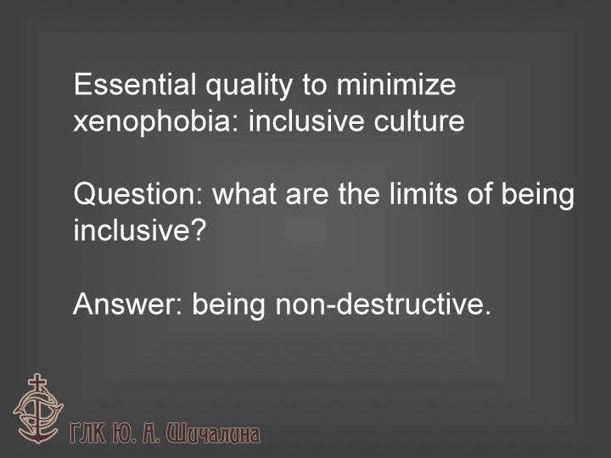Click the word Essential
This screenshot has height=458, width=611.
(x=135, y=84)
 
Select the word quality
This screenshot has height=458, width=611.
(x=249, y=86)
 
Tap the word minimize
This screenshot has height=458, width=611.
(x=396, y=84)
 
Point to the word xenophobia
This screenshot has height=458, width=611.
(x=152, y=120)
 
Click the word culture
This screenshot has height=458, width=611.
(x=419, y=120)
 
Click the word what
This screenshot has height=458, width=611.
(x=244, y=194)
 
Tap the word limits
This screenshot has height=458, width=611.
(x=423, y=194)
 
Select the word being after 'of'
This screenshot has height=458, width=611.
(x=537, y=196)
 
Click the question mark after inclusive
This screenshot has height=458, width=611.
(x=197, y=230)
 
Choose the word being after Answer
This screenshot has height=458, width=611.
(x=228, y=305)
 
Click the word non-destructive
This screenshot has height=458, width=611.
(x=383, y=304)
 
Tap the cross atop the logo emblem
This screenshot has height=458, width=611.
(x=37, y=383)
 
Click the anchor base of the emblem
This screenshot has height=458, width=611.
(x=37, y=434)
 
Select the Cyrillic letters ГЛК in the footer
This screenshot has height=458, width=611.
(x=87, y=433)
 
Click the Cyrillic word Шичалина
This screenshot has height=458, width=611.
(x=213, y=433)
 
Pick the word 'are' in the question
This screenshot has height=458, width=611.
(x=307, y=196)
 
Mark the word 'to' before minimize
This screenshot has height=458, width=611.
(x=314, y=85)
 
